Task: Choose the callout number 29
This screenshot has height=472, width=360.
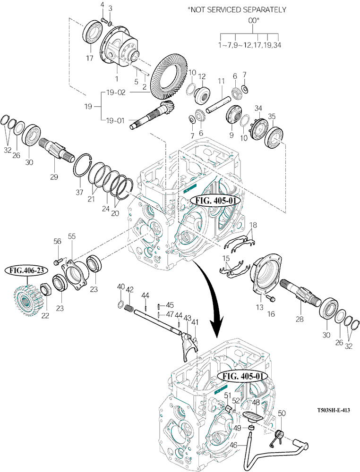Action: click(x=54, y=177)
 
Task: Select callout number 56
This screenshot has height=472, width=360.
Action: click(x=57, y=241)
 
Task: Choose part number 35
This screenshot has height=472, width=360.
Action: click(x=272, y=116)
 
